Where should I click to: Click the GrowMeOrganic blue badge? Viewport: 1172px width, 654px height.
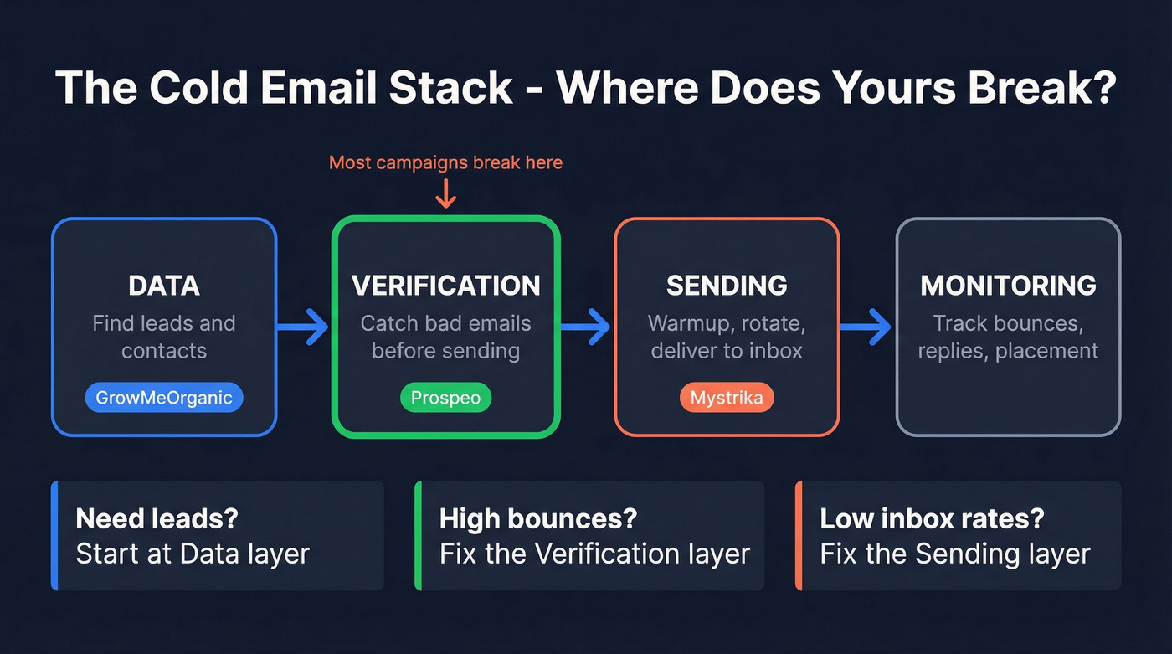[x=164, y=398]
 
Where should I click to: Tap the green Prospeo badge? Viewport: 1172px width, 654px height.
[x=445, y=398]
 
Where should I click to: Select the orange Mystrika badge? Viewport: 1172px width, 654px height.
[x=727, y=398]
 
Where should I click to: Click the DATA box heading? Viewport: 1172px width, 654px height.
[x=164, y=285]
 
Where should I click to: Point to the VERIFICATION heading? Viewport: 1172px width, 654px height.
[x=445, y=285]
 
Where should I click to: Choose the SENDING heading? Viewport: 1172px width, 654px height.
[x=727, y=285]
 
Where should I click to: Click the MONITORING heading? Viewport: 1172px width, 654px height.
[x=1008, y=285]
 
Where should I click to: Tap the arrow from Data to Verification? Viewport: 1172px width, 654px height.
[x=304, y=326]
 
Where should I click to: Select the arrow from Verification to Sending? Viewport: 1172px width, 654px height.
[x=586, y=326]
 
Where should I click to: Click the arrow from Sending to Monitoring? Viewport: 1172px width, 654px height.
[x=866, y=326]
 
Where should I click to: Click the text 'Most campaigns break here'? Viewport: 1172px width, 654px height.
[x=445, y=162]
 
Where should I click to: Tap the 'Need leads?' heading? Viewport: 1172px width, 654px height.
[x=157, y=518]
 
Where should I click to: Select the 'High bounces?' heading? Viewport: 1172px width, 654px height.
[x=538, y=518]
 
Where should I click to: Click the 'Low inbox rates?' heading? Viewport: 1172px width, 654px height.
[x=932, y=518]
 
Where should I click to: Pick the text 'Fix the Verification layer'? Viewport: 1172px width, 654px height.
[x=594, y=554]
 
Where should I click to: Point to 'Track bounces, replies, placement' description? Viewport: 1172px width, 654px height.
[x=1008, y=337]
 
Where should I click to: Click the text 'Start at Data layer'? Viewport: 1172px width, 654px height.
[x=193, y=554]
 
